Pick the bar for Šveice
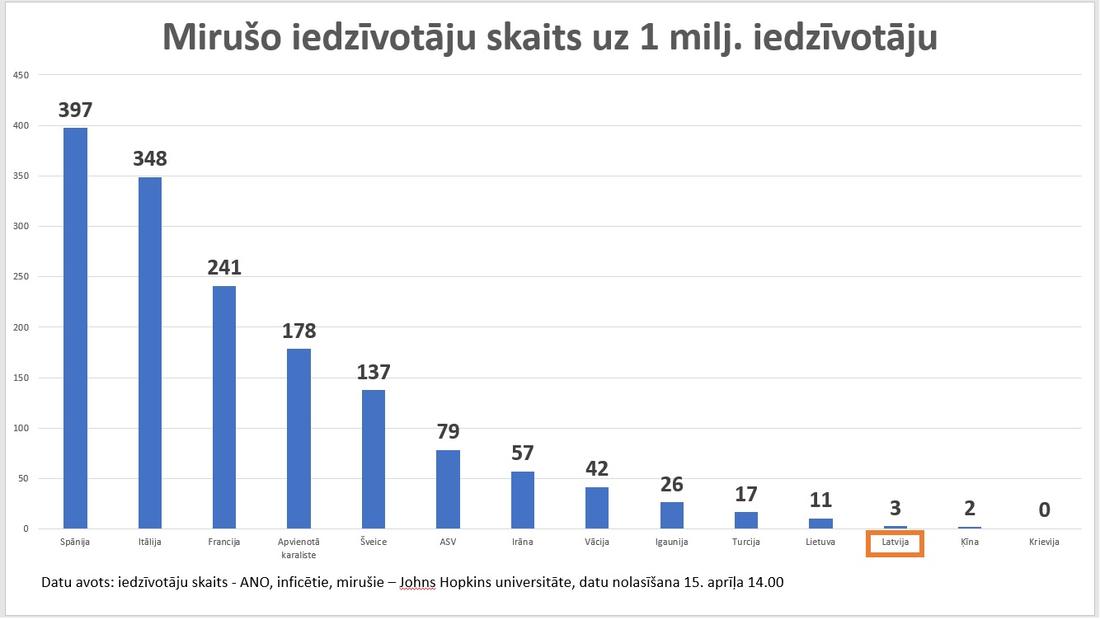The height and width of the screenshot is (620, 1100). tap(374, 459)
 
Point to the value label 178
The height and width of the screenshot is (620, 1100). tap(299, 331)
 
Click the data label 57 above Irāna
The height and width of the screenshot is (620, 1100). tap(523, 453)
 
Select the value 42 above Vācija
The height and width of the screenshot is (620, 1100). tap(597, 468)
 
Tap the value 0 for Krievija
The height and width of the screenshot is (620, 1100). tap(1044, 510)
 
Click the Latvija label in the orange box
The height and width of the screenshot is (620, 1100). tap(895, 542)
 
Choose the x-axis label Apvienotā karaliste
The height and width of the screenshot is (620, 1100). tap(299, 547)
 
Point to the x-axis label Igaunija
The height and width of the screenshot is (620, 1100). tap(671, 542)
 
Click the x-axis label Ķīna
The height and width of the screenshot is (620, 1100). tap(970, 542)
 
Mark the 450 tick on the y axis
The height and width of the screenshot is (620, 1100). tap(20, 76)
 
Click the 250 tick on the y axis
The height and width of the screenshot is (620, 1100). tap(20, 277)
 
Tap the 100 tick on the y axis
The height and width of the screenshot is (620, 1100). tap(20, 428)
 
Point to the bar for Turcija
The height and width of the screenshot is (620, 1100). tap(746, 519)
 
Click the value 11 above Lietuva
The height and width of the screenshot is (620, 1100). tap(820, 500)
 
